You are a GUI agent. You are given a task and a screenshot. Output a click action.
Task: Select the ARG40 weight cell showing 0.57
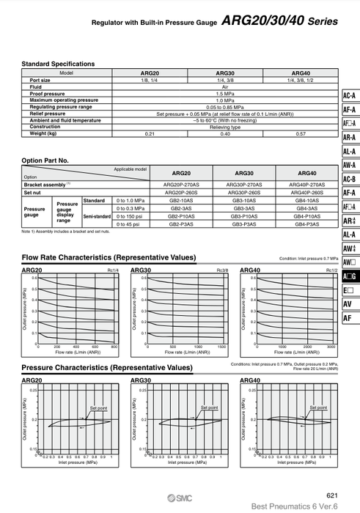point(301,133)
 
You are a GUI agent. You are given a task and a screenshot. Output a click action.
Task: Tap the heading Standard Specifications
point(58,64)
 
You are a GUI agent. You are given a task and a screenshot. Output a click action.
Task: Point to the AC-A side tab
point(349,96)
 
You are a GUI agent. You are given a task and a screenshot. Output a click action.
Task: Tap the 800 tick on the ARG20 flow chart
point(114,347)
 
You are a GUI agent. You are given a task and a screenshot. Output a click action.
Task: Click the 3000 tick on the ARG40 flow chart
point(331,347)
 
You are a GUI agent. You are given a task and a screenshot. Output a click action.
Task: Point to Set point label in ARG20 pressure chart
point(98,406)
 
